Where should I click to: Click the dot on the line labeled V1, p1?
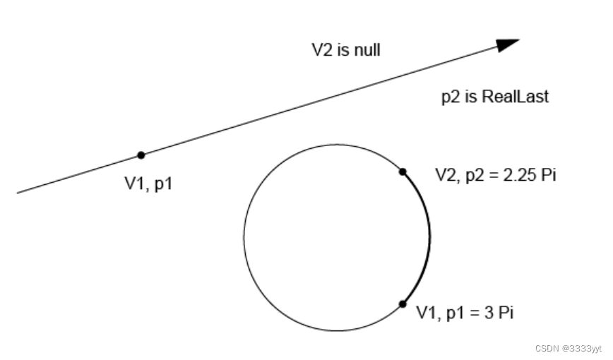click(x=141, y=155)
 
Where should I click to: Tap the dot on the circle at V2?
click(x=403, y=172)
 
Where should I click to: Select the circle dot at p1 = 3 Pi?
click(x=403, y=304)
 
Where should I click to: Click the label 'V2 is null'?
click(x=346, y=50)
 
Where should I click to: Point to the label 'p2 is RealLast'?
click(x=494, y=97)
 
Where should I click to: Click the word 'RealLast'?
click(x=515, y=97)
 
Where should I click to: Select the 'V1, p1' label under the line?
click(x=148, y=184)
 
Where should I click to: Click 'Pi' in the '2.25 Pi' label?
click(x=547, y=174)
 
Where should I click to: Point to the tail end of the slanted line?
click(x=18, y=192)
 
